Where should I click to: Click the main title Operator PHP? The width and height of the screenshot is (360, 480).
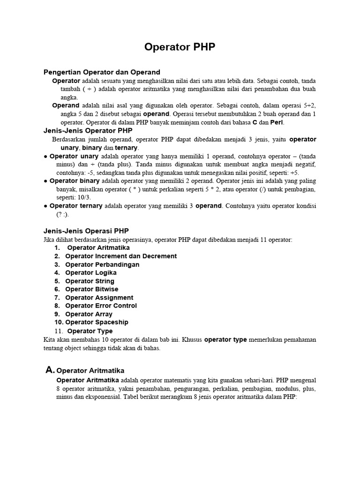click(x=180, y=47)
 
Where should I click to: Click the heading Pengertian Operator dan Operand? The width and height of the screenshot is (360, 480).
click(x=102, y=72)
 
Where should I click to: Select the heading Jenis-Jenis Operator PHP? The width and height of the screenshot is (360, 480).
click(x=88, y=131)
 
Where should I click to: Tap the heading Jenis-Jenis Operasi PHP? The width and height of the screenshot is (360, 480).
click(x=86, y=231)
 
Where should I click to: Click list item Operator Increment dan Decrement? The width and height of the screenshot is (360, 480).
click(x=121, y=256)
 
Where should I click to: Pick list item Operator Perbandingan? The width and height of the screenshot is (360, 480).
click(x=102, y=264)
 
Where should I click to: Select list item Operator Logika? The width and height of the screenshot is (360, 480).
click(x=91, y=272)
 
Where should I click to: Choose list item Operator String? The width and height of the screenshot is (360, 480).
click(x=90, y=281)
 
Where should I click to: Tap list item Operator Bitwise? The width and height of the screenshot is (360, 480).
click(x=92, y=289)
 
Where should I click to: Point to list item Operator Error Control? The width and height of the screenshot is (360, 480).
click(x=101, y=306)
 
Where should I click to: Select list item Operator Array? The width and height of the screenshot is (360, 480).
click(x=88, y=314)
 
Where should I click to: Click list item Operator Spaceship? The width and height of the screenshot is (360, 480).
click(x=97, y=322)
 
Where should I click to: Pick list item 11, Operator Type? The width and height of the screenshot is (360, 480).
click(x=90, y=331)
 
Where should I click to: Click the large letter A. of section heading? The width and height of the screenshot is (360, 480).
click(x=50, y=370)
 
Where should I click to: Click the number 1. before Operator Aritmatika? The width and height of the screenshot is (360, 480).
click(x=57, y=247)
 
